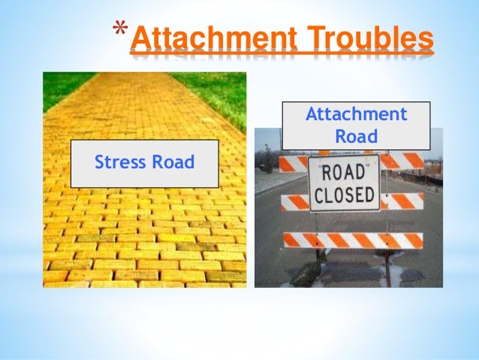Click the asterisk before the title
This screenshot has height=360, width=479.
point(119,31)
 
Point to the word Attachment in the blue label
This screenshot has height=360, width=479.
point(356,115)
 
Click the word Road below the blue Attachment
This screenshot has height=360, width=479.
point(356,137)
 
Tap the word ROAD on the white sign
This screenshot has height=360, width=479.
point(344,171)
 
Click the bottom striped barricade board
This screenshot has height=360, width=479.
point(352,241)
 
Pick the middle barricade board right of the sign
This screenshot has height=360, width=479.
point(402,201)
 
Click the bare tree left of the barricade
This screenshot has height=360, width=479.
point(267,159)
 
